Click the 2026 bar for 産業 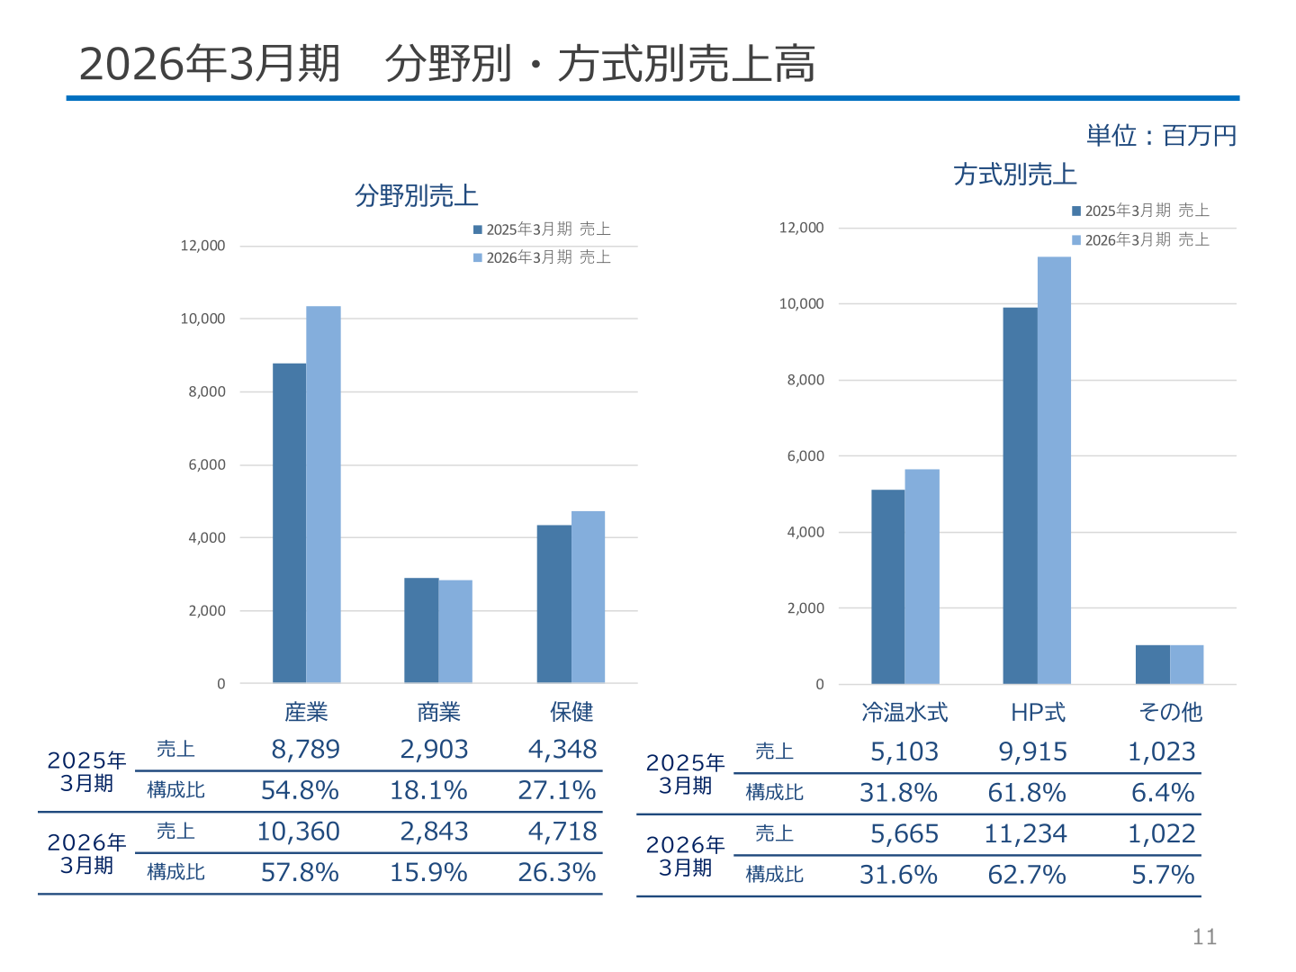323,494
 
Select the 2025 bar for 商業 421,630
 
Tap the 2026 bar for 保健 588,597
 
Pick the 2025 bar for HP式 1020,496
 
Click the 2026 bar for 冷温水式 922,577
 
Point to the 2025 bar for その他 1153,664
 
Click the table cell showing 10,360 298,832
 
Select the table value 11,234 1026,834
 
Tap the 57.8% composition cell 300,872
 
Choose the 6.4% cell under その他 1163,793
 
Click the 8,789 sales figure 305,750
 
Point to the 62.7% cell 1027,875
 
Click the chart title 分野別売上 417,195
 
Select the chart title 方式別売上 1015,175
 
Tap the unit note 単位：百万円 1161,136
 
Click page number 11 1204,937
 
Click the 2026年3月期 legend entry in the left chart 542,257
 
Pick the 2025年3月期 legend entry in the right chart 1140,211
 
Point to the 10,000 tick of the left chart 202,319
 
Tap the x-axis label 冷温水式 904,712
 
